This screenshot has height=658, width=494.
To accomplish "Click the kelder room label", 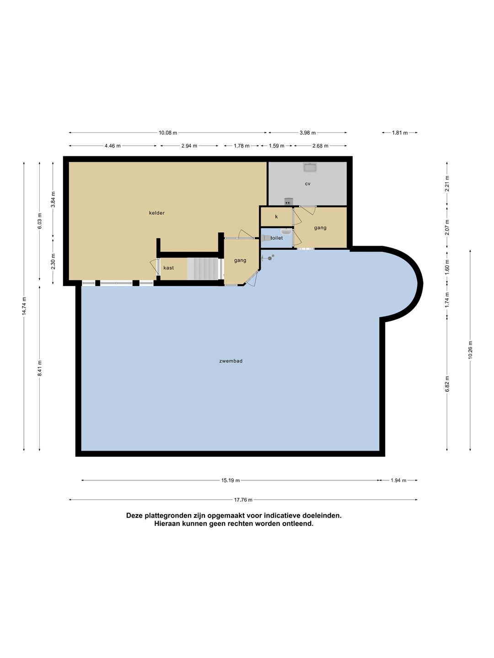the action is tap(156, 213).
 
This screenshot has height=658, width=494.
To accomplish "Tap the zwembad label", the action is tap(231, 361).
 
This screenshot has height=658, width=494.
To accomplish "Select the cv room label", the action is tap(307, 184).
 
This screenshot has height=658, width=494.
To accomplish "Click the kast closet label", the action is tap(169, 268).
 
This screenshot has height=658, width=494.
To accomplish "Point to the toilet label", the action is tap(277, 238).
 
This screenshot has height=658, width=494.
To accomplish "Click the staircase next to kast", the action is tap(203, 269).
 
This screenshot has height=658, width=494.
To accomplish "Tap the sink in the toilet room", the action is tap(286, 231).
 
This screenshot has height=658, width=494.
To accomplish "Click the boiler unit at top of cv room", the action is tap(310, 167).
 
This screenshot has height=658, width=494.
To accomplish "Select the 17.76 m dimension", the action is tap(243, 500).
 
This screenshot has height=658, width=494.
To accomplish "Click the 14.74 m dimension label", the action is tap(24, 306).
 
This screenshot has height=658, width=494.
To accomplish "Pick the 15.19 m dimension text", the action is tap(231, 481).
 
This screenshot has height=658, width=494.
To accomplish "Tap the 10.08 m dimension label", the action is tap(168, 133).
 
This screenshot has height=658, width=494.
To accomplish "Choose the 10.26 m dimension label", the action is tap(470, 350).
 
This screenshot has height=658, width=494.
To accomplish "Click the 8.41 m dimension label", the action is tap(40, 368).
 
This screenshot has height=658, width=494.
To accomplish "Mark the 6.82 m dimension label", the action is tap(447, 384).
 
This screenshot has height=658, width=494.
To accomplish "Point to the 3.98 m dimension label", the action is tap(307, 133).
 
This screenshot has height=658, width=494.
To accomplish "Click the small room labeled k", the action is tap(276, 217).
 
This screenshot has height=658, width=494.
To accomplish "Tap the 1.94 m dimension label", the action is tap(398, 481).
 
